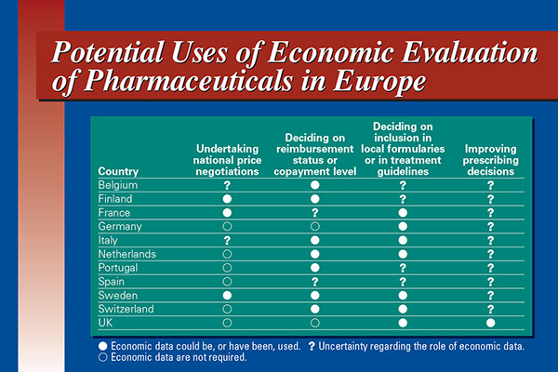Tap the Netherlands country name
point(126,254)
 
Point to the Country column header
point(117,171)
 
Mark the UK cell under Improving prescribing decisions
point(489,322)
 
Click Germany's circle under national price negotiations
point(228,226)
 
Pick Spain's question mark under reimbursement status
point(315,281)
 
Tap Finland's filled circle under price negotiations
point(228,199)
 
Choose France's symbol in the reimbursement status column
point(315,213)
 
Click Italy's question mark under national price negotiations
point(228,240)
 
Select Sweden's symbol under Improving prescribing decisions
point(489,295)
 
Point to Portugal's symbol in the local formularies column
point(403,267)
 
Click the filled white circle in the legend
point(102,346)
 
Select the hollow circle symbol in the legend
point(102,358)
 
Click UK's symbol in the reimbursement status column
point(315,322)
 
